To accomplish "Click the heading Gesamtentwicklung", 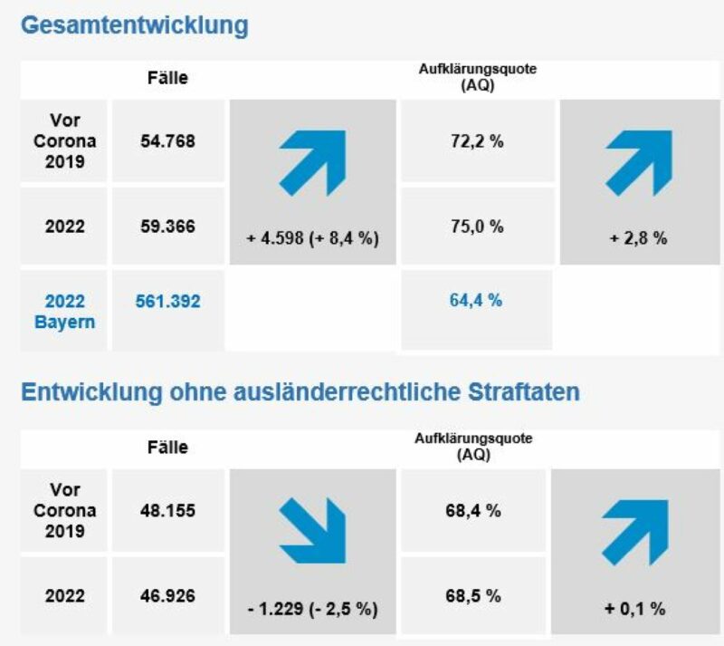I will (134, 25).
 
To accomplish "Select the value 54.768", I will (168, 141).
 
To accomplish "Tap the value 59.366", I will (168, 226).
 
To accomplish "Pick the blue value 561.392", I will (168, 302).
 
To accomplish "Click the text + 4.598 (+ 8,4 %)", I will (312, 239).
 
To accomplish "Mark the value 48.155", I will (168, 511).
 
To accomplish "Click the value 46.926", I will (168, 595).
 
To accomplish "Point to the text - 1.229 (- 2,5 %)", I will (312, 609).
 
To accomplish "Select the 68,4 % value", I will (473, 511).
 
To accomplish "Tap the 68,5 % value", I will (473, 595).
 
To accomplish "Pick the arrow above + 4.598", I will (312, 162).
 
